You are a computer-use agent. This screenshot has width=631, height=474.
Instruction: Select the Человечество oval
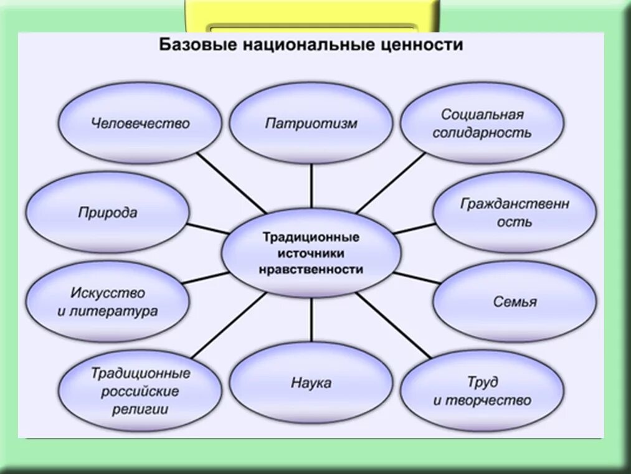[x=140, y=123]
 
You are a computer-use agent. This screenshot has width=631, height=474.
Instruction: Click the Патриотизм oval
[x=311, y=123]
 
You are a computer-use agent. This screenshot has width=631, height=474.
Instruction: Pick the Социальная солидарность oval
[x=482, y=123]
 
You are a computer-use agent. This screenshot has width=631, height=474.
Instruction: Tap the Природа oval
[x=108, y=212]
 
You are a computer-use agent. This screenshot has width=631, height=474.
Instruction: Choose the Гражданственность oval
[x=515, y=212]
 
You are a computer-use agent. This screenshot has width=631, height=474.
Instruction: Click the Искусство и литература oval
[x=108, y=302]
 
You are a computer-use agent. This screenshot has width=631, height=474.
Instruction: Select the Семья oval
[x=515, y=302]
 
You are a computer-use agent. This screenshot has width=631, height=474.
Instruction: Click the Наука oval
[x=311, y=382]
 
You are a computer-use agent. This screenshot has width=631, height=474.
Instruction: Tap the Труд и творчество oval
[x=482, y=391]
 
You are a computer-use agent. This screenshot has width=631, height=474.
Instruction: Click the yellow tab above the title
[x=311, y=14]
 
